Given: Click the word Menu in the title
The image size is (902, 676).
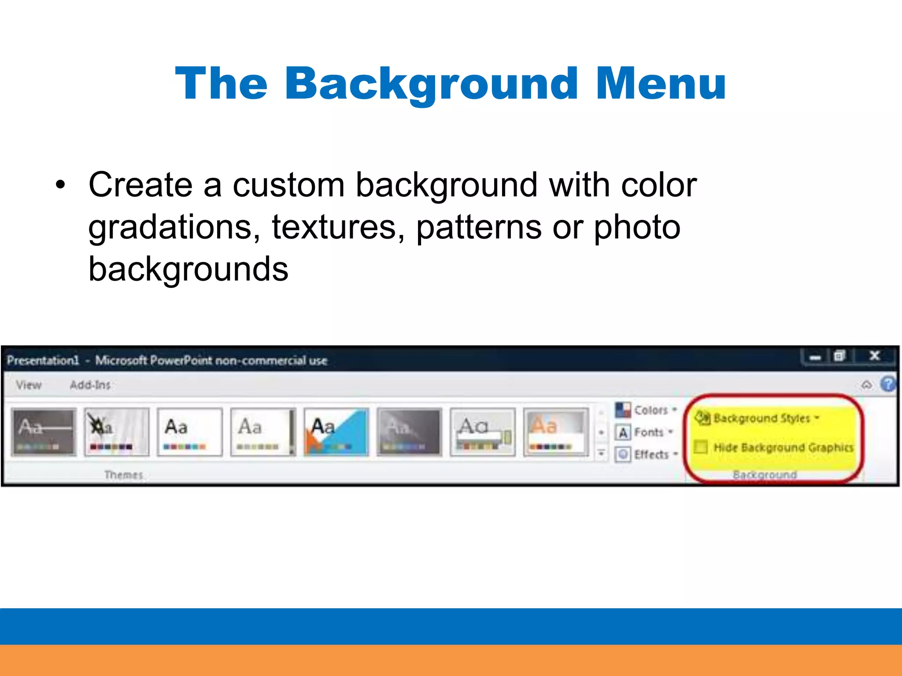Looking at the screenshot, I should (660, 84).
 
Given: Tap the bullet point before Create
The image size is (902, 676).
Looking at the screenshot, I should (60, 185).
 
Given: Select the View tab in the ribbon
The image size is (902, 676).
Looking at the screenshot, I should (29, 385).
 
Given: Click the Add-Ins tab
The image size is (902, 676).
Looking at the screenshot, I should (90, 385).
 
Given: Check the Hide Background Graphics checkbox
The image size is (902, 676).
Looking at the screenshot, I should (701, 447).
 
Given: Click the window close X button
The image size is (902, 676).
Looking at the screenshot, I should (874, 356).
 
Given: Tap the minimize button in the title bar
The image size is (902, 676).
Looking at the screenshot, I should (815, 357).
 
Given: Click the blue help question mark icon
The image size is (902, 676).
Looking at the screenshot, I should (888, 384).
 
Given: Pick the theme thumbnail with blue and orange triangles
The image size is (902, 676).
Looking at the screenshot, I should (336, 432).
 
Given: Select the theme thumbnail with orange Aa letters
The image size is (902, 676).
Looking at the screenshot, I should (556, 432).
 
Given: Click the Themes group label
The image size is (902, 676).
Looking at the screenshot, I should (124, 475).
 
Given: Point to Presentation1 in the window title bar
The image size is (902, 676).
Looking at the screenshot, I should (43, 360).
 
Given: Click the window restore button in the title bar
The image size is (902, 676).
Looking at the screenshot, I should (839, 356).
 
